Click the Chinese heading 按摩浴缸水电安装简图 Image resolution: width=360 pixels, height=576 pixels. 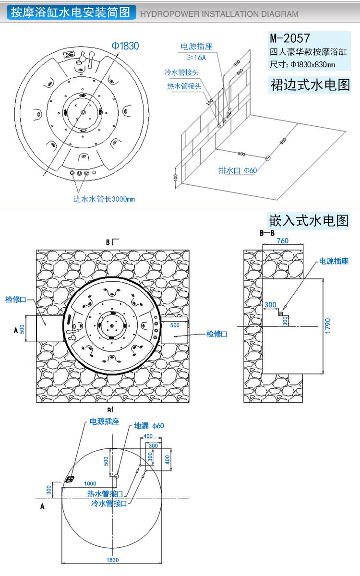coord(71,13)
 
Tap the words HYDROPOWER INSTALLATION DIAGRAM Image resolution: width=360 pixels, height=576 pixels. coord(219,14)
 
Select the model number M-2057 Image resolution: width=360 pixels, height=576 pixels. coord(290,37)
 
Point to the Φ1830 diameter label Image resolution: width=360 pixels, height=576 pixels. coord(125,46)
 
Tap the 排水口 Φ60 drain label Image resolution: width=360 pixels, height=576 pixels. coord(238,171)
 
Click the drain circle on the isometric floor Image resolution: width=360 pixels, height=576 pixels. coord(268,157)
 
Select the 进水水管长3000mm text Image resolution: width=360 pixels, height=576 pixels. coord(104,199)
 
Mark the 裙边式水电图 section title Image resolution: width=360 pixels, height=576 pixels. coord(310,85)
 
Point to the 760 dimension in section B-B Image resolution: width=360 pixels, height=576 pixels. coord(282,241)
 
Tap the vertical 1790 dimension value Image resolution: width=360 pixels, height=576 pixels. coord(328,326)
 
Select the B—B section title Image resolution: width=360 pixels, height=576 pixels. coord(267,233)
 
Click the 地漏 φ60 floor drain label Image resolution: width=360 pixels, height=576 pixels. coord(149,426)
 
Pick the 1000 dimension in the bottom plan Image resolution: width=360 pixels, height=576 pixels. coord(90,483)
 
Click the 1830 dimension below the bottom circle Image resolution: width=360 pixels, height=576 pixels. coord(112,560)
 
